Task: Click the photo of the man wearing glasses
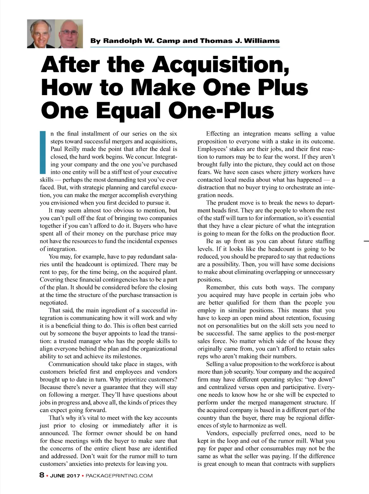coord(69,34)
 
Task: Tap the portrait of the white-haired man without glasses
coord(41,34)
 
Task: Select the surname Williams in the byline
coord(262,41)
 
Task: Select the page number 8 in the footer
coord(42,475)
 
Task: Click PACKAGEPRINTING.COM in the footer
coord(119,476)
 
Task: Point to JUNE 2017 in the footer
coord(65,476)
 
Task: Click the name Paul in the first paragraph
coord(56,149)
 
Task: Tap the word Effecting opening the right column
coord(218,134)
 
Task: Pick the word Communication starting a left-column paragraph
coord(69,364)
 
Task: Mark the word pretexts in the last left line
coord(117,464)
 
